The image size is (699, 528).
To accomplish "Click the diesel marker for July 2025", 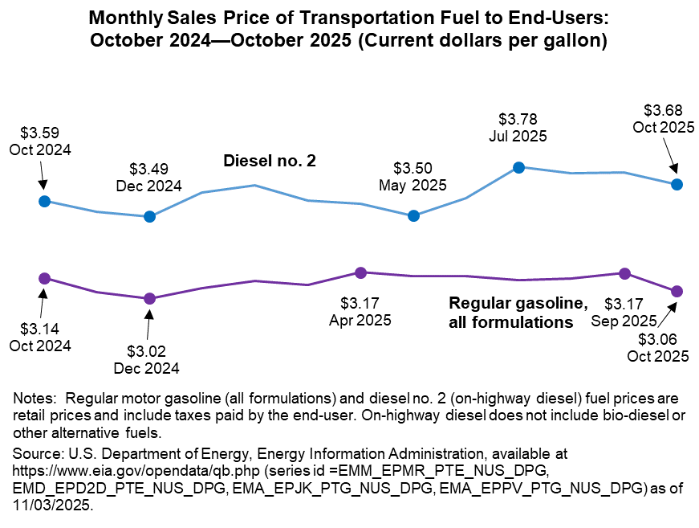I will point(518,167).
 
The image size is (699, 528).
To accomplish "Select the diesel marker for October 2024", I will point(44,201).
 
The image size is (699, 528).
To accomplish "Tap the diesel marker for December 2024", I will point(148,216).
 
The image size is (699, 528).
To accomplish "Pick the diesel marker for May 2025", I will point(413,215).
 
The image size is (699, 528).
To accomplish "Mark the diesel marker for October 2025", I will point(677,184).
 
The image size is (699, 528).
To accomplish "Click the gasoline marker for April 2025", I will point(360,272).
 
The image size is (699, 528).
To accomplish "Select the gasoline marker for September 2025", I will point(624,273).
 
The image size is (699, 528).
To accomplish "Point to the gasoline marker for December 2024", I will point(148,298).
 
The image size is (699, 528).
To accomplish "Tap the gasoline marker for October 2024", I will point(44,278).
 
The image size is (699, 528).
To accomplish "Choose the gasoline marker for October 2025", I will point(677,290).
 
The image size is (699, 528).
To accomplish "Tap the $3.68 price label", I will point(663,110).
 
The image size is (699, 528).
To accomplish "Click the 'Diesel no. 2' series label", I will point(269,162).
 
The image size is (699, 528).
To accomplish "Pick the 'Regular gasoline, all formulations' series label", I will point(518,313).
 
